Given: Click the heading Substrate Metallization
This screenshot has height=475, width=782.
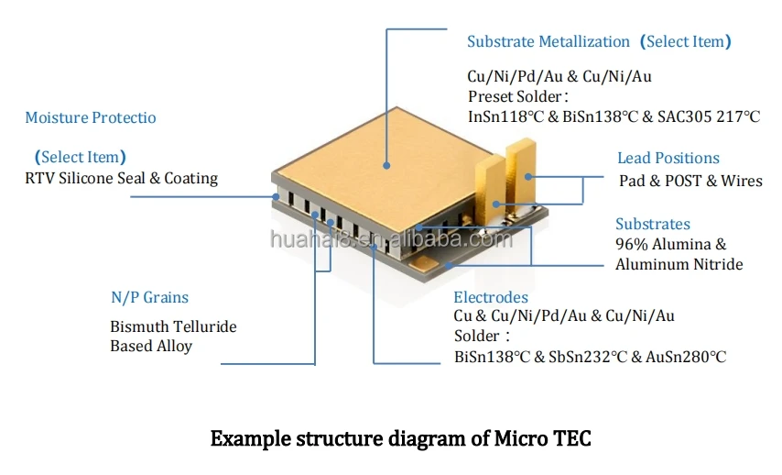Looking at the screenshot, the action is coord(548,41).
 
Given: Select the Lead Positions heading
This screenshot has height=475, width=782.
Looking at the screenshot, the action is coord(668,158).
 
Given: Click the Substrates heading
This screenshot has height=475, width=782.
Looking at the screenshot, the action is coord(653,224).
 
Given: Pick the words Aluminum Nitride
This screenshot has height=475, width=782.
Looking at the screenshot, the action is coord(679,264).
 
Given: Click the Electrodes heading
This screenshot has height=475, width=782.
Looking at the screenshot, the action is coord(491,297).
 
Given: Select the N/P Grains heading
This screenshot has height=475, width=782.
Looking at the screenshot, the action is coord(149,297).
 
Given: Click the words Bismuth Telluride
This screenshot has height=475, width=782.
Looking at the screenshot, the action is coord(174,326).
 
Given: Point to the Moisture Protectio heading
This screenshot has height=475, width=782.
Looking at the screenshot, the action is coord(91,117).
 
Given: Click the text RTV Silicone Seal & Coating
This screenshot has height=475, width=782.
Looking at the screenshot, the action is coord(121,178).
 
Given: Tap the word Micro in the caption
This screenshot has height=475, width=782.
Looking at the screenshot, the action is coord(521,438).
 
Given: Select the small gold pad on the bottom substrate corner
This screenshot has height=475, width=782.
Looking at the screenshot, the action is coord(424,263).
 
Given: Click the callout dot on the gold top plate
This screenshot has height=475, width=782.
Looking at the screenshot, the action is coord(386,165).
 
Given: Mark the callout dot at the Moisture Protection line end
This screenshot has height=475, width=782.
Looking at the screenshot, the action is coord(276,196).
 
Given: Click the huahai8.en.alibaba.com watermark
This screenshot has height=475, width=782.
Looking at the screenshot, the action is coord(391,238).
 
